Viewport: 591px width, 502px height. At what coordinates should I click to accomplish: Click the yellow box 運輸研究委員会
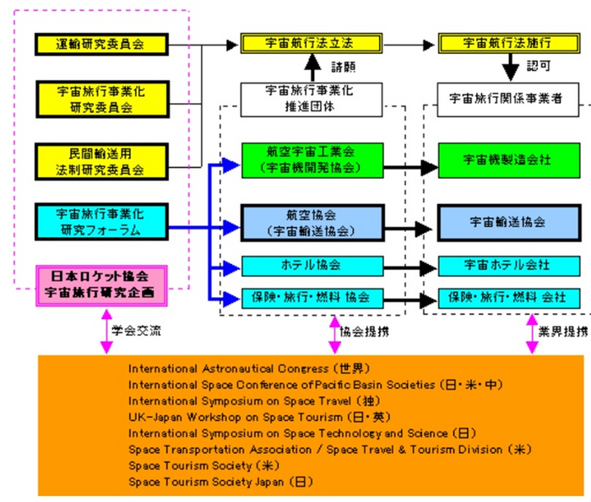101,45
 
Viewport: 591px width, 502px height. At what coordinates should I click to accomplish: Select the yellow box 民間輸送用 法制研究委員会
101,161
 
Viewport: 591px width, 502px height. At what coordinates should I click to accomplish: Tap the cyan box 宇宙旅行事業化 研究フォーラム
101,220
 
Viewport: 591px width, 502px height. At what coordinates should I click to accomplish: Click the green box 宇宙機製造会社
508,159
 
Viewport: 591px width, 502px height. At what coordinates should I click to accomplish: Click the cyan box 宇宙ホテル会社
508,266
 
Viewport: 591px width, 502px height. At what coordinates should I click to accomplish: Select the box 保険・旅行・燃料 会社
508,298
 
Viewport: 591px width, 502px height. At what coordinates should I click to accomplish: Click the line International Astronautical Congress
248,369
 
